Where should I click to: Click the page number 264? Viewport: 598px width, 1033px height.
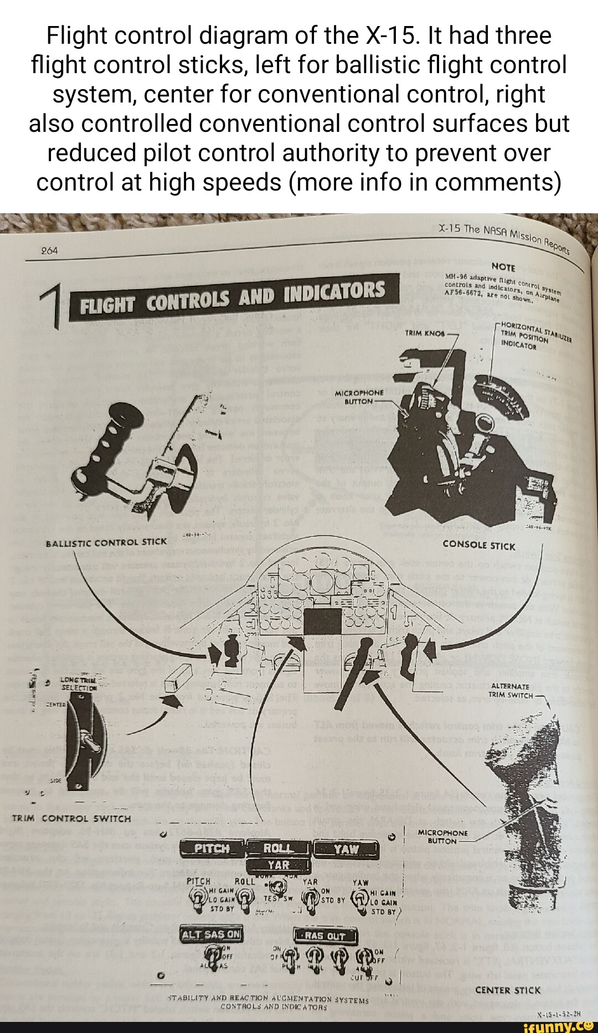pos(49,251)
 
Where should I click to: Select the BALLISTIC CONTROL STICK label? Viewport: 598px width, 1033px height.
pos(106,542)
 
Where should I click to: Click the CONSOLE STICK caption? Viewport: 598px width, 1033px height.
pos(479,546)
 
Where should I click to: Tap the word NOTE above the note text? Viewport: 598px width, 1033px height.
pos(503,267)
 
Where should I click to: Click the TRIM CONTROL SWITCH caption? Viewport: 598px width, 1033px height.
pos(71,819)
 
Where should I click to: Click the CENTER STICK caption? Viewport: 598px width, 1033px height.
pos(508,990)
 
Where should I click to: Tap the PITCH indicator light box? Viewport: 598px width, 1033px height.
pos(212,849)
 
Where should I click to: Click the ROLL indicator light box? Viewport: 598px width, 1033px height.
pos(278,849)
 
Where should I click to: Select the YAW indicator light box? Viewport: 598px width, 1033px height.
pos(347,849)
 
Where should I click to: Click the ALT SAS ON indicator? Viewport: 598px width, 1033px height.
pos(212,934)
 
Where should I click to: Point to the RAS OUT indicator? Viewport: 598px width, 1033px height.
pos(325,936)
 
